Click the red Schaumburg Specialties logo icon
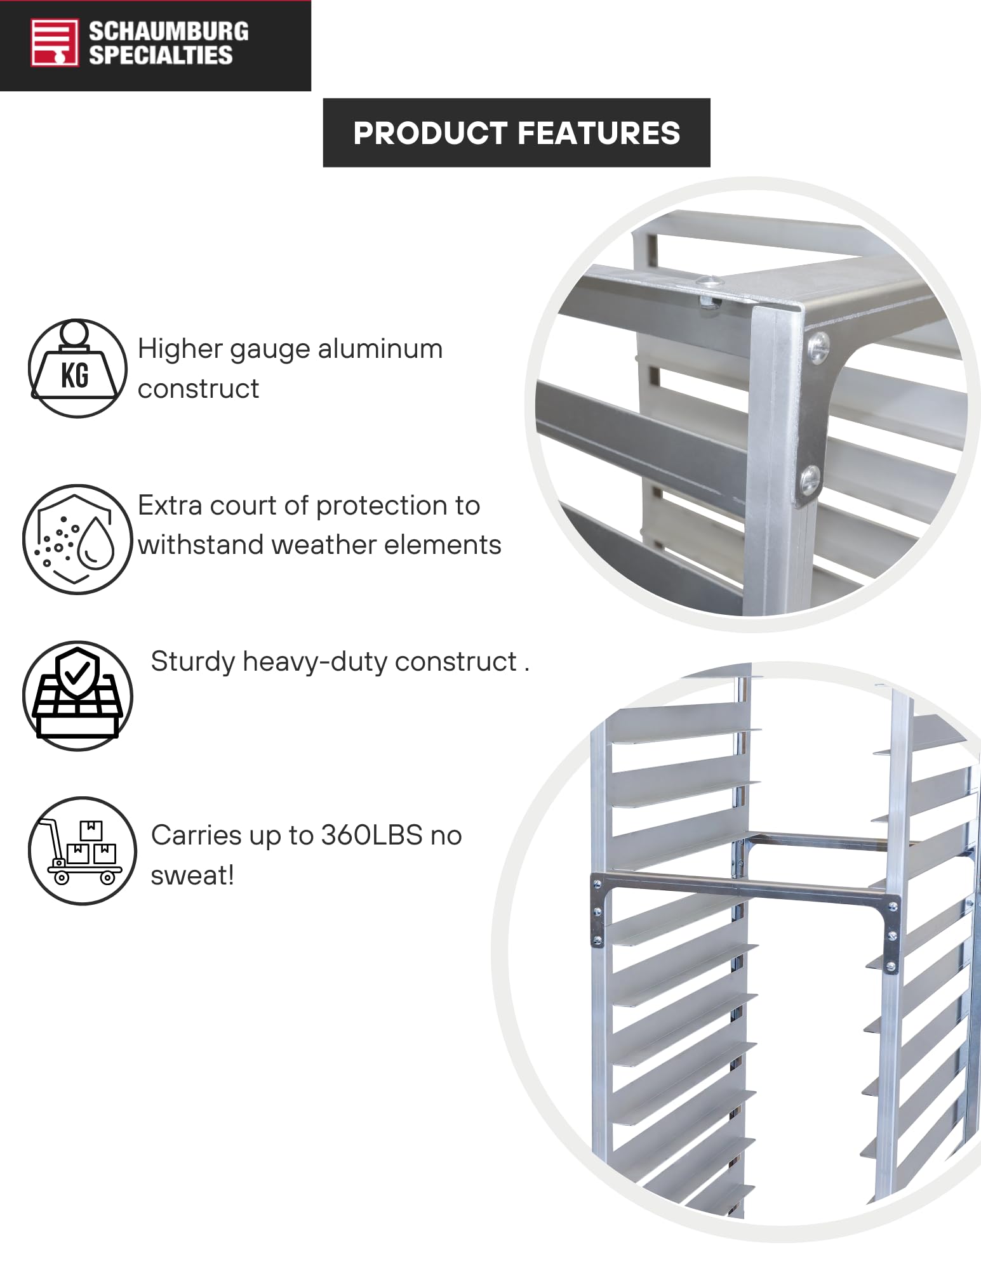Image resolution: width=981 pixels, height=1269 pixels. [x=55, y=43]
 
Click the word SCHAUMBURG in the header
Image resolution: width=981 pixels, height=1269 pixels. [x=168, y=32]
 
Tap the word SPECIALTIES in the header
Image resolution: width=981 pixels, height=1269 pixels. [x=161, y=56]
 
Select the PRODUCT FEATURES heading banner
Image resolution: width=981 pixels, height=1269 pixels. [x=516, y=133]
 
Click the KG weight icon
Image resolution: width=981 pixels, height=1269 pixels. [x=77, y=369]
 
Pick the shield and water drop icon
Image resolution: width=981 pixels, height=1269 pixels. [x=77, y=539]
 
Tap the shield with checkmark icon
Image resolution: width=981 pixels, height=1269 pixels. [x=77, y=696]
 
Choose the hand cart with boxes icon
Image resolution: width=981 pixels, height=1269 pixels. [x=82, y=851]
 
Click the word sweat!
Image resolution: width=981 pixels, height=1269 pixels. [x=192, y=876]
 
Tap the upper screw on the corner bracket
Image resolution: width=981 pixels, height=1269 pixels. [x=818, y=344]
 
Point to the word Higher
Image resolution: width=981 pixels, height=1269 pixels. [x=180, y=349]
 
